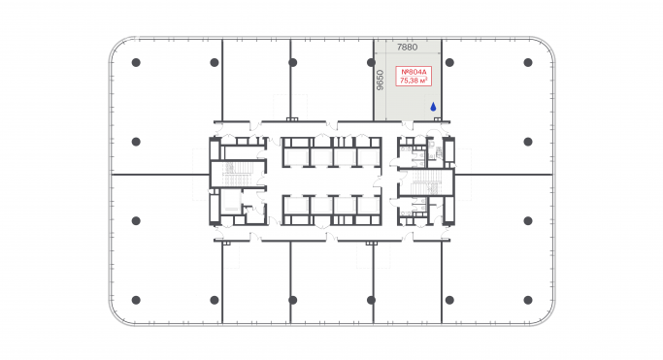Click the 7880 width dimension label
point(408,47)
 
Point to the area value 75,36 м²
point(414,82)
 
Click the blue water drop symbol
point(434,109)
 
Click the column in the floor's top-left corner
point(136,63)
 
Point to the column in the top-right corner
point(528,63)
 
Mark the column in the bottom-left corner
point(136,299)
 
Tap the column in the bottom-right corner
point(528,299)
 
